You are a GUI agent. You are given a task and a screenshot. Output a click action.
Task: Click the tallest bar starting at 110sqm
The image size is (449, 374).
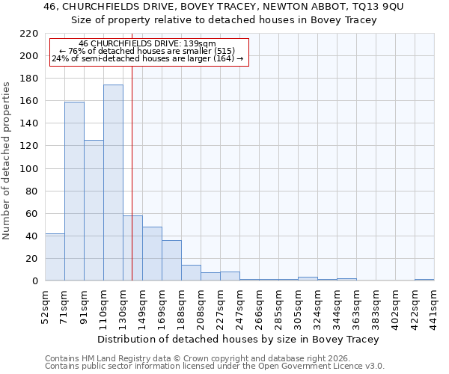113,183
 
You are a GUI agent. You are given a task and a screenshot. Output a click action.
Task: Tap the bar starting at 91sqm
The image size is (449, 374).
94,210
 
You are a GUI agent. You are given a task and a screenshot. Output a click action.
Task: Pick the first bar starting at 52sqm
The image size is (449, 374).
55,257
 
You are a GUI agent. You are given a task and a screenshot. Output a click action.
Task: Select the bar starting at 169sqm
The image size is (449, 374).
171,260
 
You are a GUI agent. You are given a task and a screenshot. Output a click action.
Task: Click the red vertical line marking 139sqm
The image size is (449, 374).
132,165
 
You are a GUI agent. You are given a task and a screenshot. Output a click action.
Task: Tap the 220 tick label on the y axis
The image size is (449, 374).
28,34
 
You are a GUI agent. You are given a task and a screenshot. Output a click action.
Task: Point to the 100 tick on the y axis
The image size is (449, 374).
28,168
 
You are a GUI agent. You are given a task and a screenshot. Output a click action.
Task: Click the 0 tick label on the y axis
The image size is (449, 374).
34,281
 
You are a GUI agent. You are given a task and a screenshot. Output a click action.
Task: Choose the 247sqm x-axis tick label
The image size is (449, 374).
240,307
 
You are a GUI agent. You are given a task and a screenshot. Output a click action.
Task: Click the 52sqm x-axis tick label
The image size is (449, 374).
46,307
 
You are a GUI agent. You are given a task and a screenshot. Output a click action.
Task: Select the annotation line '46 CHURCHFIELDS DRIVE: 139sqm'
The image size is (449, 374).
147,44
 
